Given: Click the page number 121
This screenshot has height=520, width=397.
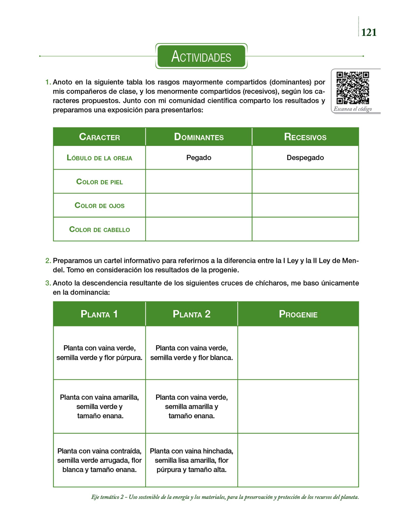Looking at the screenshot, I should (x=369, y=32).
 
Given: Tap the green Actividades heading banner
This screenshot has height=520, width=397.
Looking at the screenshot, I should (x=201, y=56).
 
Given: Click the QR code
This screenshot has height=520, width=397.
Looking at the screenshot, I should (x=352, y=88).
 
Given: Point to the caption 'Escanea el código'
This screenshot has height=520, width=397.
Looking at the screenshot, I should (x=353, y=109).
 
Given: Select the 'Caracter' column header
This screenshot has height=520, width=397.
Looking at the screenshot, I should (x=99, y=137).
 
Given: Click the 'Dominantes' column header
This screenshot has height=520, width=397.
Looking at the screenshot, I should (x=199, y=137).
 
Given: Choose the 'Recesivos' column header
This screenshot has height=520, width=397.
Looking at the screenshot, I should (x=305, y=137).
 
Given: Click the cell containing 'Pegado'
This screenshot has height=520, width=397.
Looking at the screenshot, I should (x=199, y=158).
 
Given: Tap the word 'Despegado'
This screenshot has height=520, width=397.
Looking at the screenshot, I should (x=305, y=158).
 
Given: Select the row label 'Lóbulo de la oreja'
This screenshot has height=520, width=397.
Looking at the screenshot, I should (x=99, y=158).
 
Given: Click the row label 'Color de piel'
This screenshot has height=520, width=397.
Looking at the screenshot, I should (x=99, y=182).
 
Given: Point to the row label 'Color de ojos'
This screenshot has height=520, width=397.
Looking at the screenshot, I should (x=99, y=205).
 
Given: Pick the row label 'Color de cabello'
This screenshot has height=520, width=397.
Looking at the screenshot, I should (x=99, y=230).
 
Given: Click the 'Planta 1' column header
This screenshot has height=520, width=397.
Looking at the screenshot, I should (x=99, y=314).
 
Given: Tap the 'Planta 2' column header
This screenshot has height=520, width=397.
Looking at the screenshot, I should (x=192, y=314).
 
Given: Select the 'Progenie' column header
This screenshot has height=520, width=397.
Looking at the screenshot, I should (x=298, y=314).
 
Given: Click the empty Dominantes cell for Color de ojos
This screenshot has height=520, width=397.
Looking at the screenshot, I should (x=199, y=205).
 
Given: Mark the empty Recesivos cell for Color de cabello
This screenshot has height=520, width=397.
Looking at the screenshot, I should (x=305, y=229).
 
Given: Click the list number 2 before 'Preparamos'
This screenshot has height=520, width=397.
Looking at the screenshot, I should (x=48, y=261).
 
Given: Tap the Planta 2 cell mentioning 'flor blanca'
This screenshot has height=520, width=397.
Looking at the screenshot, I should (x=192, y=353).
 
